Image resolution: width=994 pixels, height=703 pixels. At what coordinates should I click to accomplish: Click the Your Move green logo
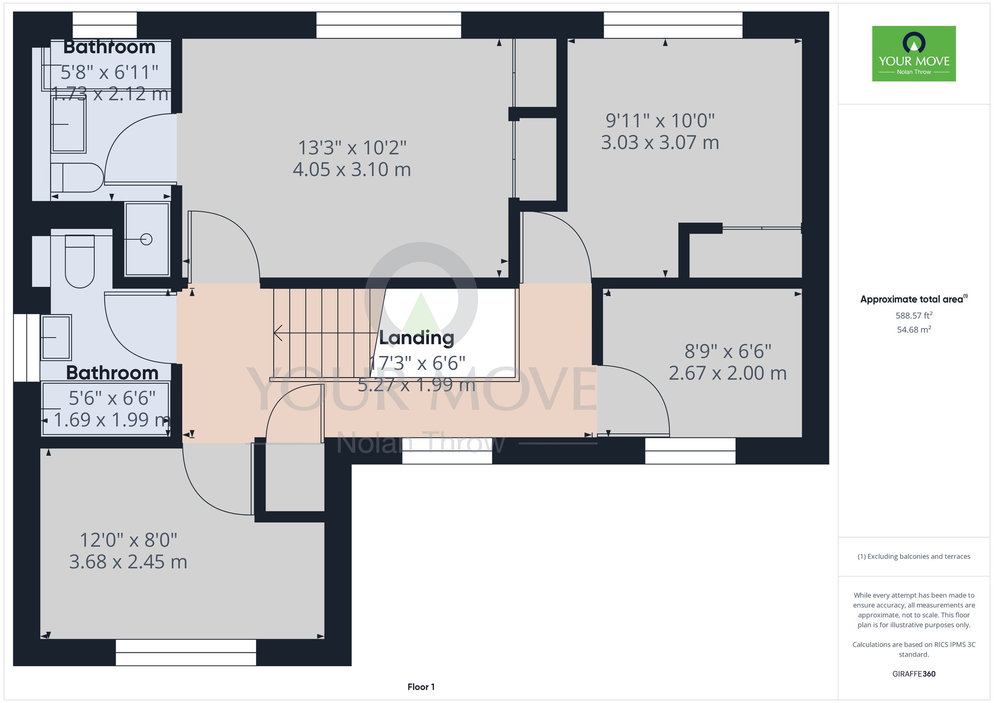pos(914,54)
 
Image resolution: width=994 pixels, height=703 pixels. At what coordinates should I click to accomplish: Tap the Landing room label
pos(416,338)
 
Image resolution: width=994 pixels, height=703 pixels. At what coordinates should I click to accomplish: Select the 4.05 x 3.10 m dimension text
pos(352,170)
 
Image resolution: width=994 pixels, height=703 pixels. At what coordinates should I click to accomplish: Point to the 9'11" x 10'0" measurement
pos(660,120)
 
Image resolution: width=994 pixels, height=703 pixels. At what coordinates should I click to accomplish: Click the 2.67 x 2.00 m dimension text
pos(728,373)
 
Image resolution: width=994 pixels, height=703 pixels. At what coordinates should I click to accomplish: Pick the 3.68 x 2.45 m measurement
pos(128,562)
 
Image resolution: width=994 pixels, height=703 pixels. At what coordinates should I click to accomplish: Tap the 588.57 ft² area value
pos(914,315)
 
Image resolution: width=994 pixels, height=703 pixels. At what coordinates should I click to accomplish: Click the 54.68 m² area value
pos(914,329)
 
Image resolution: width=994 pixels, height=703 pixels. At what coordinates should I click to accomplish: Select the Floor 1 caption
pos(421,687)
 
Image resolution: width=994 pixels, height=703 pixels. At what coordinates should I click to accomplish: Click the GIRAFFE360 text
pos(914,674)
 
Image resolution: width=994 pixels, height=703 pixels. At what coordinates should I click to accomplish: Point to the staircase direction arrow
pos(323,333)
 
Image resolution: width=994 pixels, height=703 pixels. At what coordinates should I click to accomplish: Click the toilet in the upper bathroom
pos(77,177)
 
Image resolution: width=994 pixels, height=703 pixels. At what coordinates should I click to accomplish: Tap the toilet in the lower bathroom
pos(80,262)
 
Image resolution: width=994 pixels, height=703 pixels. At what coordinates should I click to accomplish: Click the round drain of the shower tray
pos(146,240)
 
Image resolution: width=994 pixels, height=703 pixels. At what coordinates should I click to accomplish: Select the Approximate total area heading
pos(914,299)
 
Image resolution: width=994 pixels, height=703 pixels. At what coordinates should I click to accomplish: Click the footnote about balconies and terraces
pos(914,556)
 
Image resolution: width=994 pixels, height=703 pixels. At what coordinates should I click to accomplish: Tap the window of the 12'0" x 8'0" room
pos(186,652)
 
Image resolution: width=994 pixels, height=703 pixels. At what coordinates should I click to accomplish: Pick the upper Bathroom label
pos(109,47)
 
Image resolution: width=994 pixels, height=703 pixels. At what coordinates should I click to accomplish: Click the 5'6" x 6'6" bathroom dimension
pos(112,398)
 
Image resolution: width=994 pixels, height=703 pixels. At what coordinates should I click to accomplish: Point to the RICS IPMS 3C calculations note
pos(914,649)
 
